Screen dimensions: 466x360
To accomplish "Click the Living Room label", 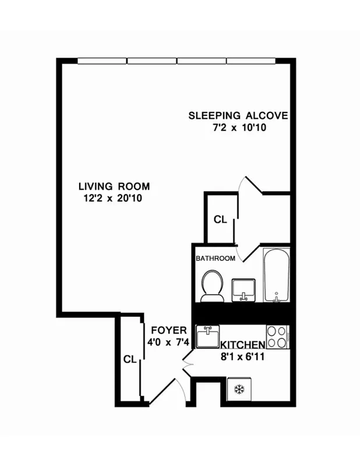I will [114, 186].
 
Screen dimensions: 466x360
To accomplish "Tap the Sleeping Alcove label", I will [238, 115].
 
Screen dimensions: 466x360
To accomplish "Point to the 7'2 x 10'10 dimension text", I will [239, 128].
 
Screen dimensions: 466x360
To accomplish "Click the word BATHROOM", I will [216, 258].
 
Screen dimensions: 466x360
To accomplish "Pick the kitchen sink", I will [207, 337].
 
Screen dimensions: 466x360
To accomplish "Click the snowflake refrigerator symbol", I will [239, 389].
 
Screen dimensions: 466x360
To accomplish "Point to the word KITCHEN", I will [243, 345].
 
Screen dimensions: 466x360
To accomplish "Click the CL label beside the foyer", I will [130, 359].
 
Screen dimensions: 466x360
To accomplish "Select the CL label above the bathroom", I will [220, 220].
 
